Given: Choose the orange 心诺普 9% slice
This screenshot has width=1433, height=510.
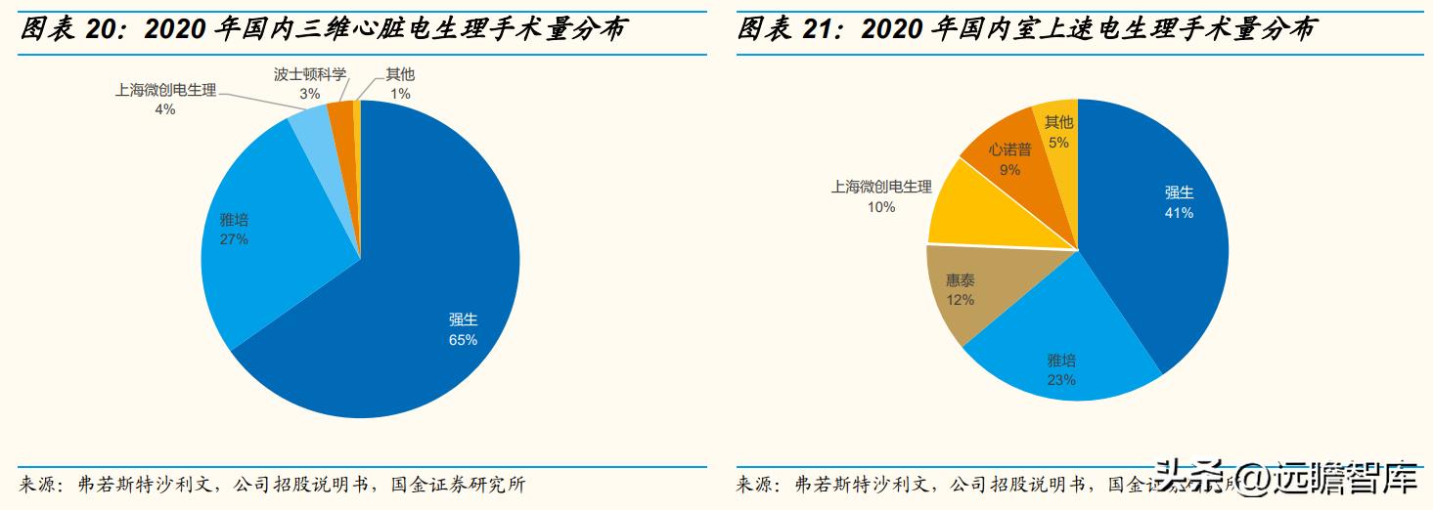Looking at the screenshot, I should pyautogui.click(x=1008, y=156).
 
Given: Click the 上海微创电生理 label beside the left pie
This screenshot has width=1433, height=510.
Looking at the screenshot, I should pyautogui.click(x=165, y=90).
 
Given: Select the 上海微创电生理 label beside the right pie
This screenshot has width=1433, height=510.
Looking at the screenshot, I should pyautogui.click(x=881, y=187).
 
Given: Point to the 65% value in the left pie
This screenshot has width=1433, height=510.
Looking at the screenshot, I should pyautogui.click(x=463, y=340).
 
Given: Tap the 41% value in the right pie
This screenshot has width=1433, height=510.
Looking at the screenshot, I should pyautogui.click(x=1179, y=212).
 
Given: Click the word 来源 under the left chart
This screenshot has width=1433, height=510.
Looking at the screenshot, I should pyautogui.click(x=39, y=485).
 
